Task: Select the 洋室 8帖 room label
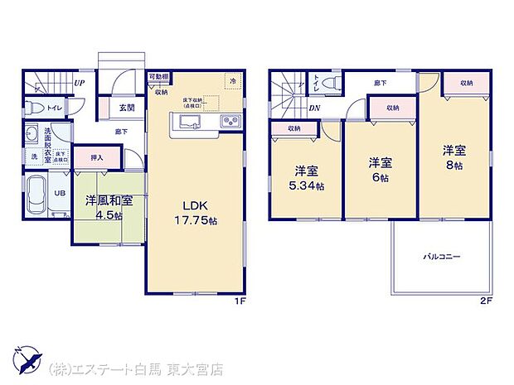pyautogui.click(x=453, y=157)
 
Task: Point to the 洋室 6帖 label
pyautogui.click(x=381, y=170)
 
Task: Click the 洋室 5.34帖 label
pyautogui.click(x=307, y=179)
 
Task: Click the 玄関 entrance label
pyautogui.click(x=127, y=107)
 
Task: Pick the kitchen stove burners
pyautogui.click(x=230, y=123)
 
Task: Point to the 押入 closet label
pyautogui.click(x=96, y=156)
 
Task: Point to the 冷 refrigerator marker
pyautogui.click(x=233, y=81)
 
